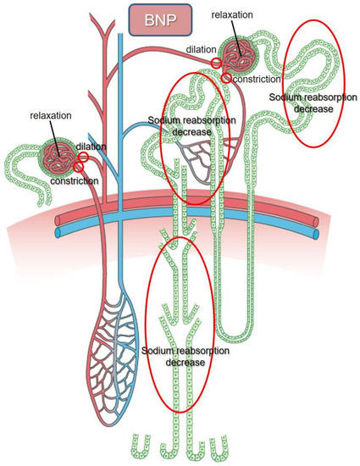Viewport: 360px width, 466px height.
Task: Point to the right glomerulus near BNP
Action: [x=240, y=55]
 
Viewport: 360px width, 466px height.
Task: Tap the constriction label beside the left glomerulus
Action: [x=73, y=180]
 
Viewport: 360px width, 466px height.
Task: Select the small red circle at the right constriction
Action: [x=227, y=78]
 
